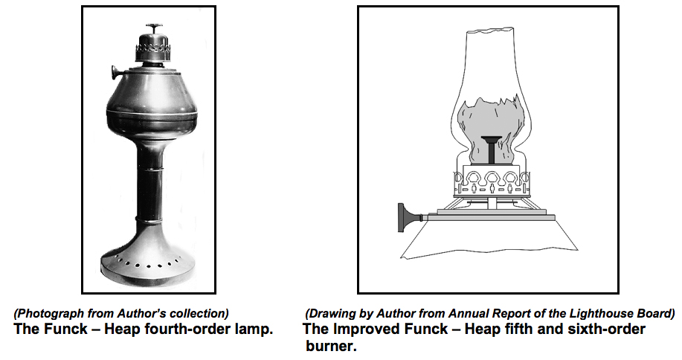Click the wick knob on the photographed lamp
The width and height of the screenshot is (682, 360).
click(117, 72)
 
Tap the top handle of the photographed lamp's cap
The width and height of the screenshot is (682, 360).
click(154, 28)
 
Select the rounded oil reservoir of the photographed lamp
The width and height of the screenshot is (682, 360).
click(152, 103)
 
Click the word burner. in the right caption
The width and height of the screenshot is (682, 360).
click(332, 346)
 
